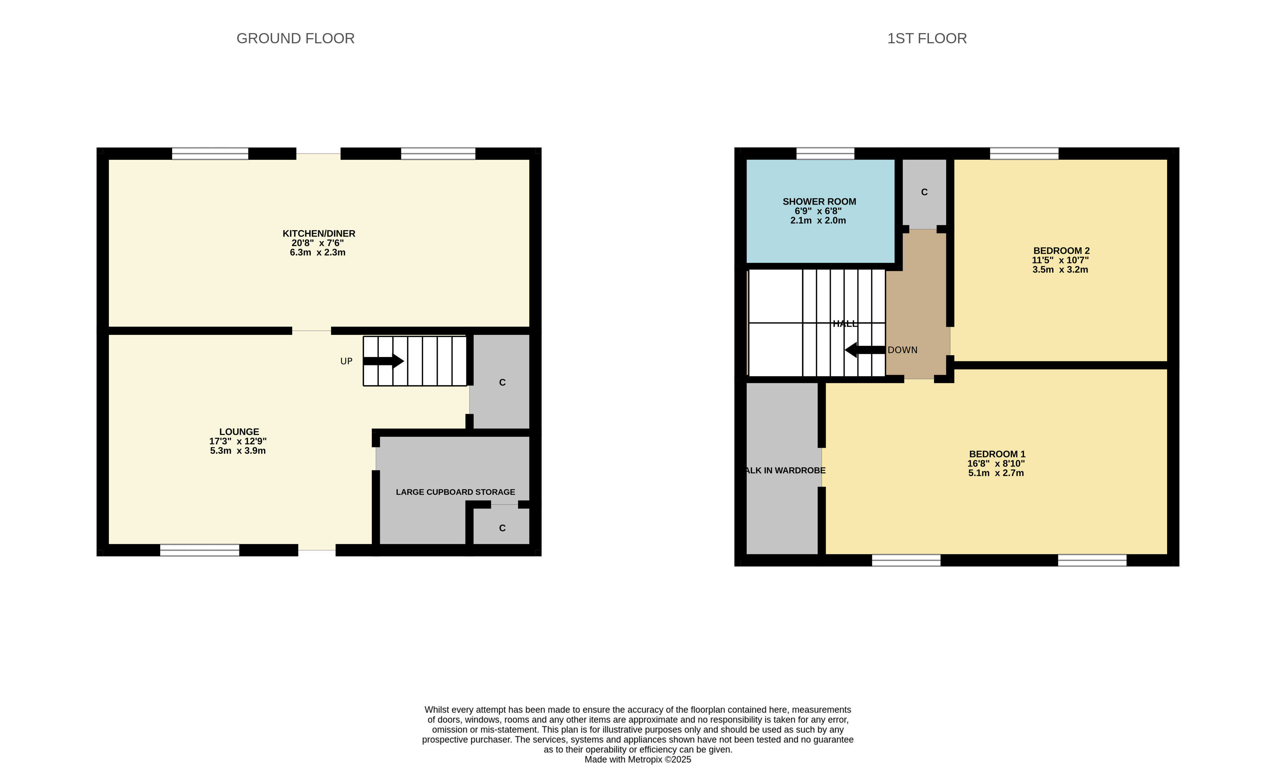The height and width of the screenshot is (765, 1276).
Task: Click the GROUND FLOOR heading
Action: click(x=295, y=39)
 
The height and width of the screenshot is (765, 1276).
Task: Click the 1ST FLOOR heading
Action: click(x=927, y=39)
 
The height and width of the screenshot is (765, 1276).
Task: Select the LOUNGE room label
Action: click(x=239, y=432)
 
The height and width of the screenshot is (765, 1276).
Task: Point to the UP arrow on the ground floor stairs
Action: click(x=383, y=361)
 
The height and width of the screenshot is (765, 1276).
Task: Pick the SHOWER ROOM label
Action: click(x=819, y=202)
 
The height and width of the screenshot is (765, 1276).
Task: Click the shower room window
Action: click(x=825, y=154)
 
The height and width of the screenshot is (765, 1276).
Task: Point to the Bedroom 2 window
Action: click(x=1024, y=154)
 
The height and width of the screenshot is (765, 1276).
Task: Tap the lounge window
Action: click(x=199, y=550)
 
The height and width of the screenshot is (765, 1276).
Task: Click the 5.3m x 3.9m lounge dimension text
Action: click(x=238, y=451)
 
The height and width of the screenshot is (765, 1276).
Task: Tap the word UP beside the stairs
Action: click(x=346, y=361)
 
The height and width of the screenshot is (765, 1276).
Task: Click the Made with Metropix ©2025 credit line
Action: click(x=638, y=759)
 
